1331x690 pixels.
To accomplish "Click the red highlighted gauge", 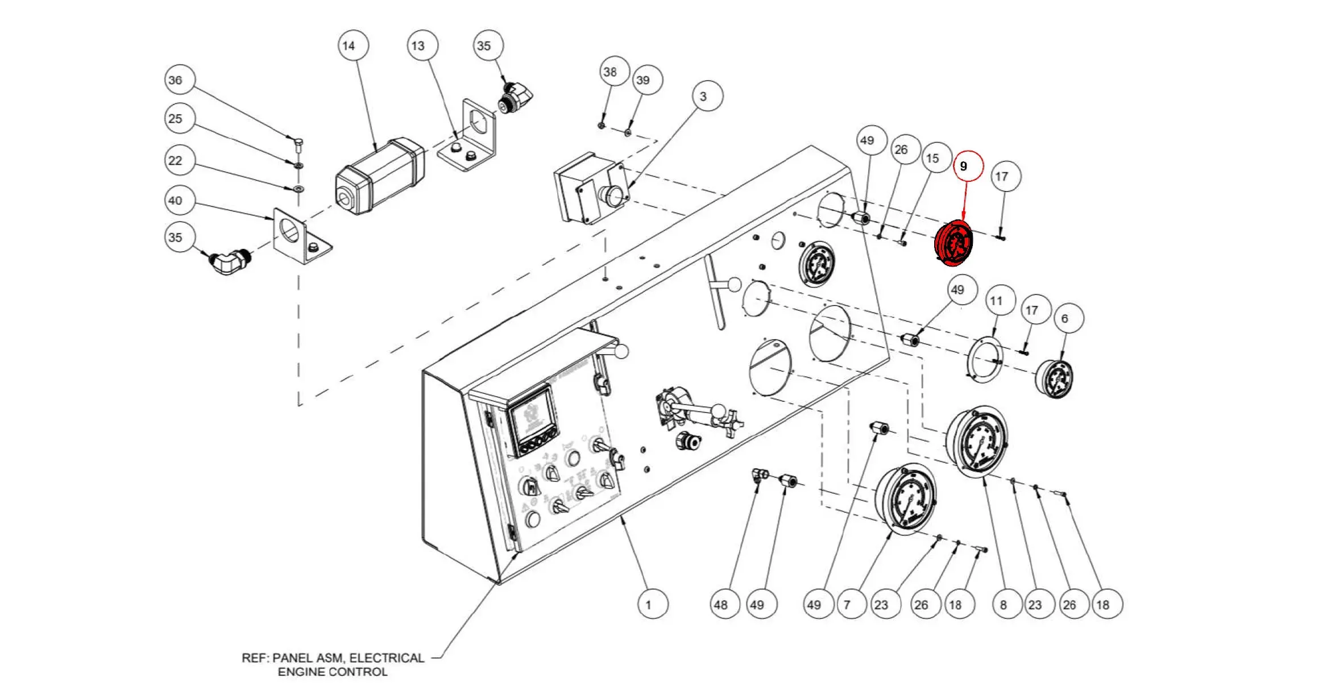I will tap(953, 243).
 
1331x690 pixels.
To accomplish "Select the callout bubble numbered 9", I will tap(968, 166).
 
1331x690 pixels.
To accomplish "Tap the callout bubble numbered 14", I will tap(353, 45).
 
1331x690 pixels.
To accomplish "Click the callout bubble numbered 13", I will tap(422, 45).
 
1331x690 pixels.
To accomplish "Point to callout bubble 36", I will tap(180, 80).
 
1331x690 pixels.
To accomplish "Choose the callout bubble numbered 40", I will tap(180, 200).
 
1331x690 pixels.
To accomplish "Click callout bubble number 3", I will tap(707, 96).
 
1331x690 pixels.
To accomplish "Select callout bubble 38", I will tap(614, 72).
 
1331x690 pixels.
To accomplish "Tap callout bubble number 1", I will tap(653, 604).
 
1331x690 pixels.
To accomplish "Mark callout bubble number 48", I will tap(725, 604).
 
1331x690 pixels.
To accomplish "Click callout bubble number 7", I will tap(851, 604).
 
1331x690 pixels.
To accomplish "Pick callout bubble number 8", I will tap(1007, 604).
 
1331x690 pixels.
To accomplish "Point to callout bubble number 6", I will tap(1068, 318).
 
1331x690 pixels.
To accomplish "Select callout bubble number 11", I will tap(1000, 300).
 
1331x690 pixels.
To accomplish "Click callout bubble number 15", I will tap(936, 157).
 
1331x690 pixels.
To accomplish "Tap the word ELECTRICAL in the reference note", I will tap(387, 658).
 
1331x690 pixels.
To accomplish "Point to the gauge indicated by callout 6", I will tap(1055, 378).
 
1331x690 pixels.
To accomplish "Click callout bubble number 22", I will tap(180, 160).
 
